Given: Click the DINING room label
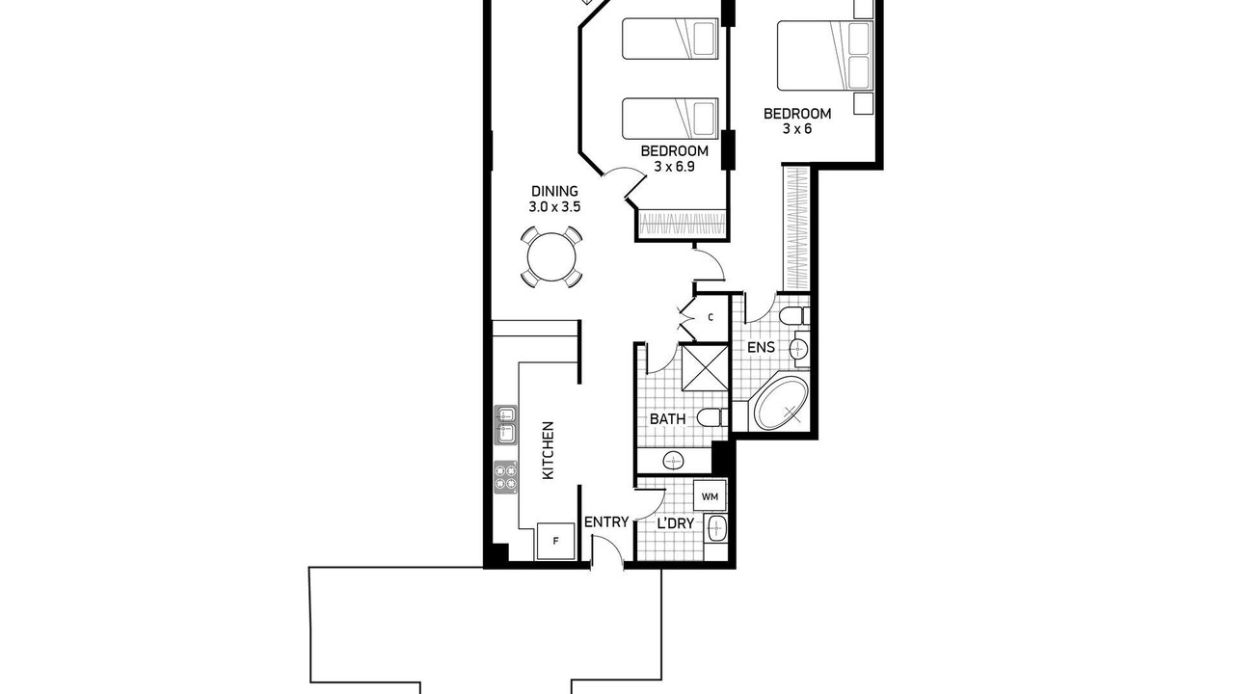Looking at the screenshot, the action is click(x=554, y=191).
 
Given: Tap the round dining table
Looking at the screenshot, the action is click(x=551, y=257).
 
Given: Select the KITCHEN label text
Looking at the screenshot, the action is click(x=549, y=450).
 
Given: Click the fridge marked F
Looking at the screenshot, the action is click(x=555, y=541).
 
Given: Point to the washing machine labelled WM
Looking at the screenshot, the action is click(x=710, y=496).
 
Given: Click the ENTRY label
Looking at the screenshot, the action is click(x=606, y=522).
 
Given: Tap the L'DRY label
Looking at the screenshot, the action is click(x=676, y=523).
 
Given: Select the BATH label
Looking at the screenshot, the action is click(x=668, y=419).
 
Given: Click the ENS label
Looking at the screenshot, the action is click(x=761, y=348).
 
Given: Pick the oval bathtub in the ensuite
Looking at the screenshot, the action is click(x=781, y=404).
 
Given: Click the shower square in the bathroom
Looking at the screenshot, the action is click(x=705, y=367).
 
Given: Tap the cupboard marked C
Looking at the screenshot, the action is click(x=711, y=317).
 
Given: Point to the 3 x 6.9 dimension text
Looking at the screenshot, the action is click(x=674, y=166).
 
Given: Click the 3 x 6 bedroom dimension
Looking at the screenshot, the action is click(x=797, y=129).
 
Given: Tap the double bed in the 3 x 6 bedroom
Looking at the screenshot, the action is click(x=825, y=56).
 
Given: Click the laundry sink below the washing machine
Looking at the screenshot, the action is click(x=716, y=529).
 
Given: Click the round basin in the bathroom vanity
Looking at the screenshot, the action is click(x=673, y=461).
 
